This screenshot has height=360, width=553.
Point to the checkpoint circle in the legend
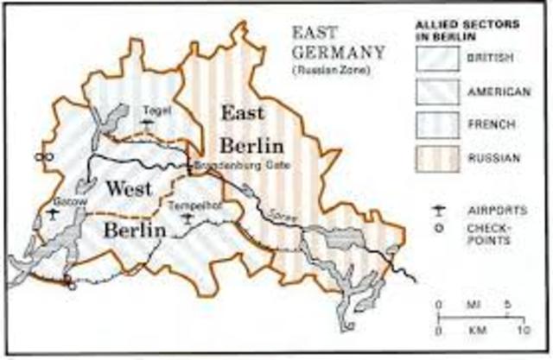(x=442, y=229)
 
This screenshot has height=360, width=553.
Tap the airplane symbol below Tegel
(x=149, y=124)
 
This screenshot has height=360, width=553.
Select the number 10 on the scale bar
(x=522, y=331)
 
